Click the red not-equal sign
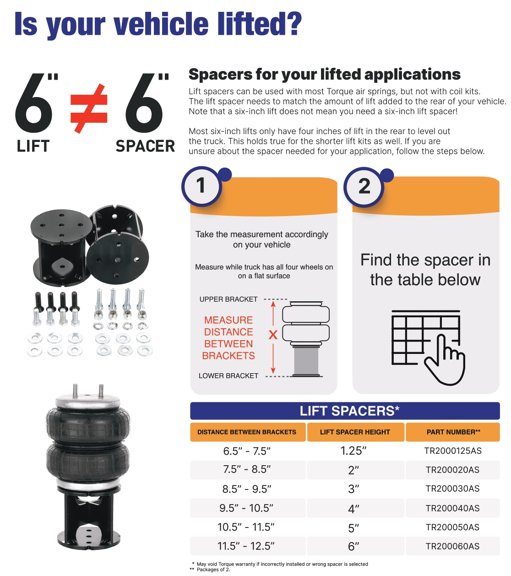pyautogui.click(x=89, y=109)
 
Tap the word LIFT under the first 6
pyautogui.click(x=33, y=146)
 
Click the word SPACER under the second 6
pyautogui.click(x=145, y=146)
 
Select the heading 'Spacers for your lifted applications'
pyautogui.click(x=324, y=74)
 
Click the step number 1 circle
pyautogui.click(x=201, y=186)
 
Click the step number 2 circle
pyautogui.click(x=364, y=186)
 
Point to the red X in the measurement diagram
pyautogui.click(x=273, y=335)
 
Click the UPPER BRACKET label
pyautogui.click(x=228, y=299)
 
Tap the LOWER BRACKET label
pyautogui.click(x=228, y=376)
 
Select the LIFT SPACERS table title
pyautogui.click(x=349, y=411)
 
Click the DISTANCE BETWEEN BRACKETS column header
pyautogui.click(x=247, y=432)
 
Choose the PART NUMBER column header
pyautogui.click(x=453, y=432)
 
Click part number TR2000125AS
pyautogui.click(x=453, y=451)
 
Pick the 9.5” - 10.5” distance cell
pyautogui.click(x=246, y=508)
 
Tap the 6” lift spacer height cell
pyautogui.click(x=353, y=546)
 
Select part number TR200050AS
pyautogui.click(x=452, y=527)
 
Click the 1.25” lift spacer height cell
pyautogui.click(x=353, y=451)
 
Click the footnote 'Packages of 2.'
pyautogui.click(x=213, y=570)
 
